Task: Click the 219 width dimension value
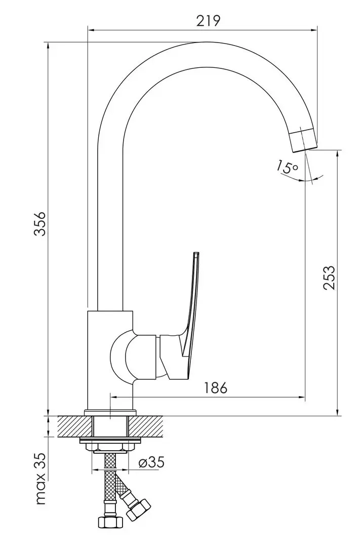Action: [208, 20]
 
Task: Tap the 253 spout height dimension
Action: [329, 277]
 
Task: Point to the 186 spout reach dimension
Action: [216, 387]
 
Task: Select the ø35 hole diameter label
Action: [151, 462]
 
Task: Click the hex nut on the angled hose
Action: [138, 508]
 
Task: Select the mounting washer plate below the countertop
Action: [110, 441]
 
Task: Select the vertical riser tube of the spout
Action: [110, 228]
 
